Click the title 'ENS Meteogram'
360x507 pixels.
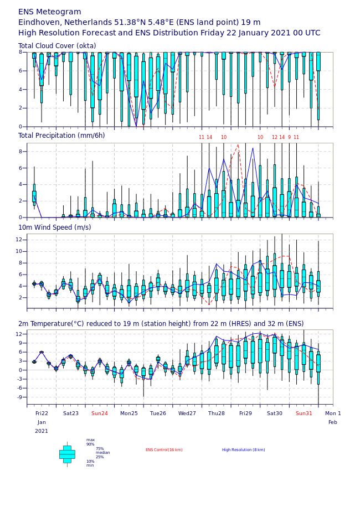click(49, 12)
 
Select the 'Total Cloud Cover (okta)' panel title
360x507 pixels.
click(57, 45)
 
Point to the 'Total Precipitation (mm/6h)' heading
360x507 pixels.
click(61, 136)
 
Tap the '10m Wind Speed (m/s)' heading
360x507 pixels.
click(55, 227)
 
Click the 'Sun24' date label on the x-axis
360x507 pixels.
click(100, 413)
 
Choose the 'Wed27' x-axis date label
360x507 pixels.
click(187, 413)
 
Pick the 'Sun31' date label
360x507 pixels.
click(304, 413)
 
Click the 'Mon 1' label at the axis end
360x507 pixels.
click(333, 413)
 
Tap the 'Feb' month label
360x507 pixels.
click(333, 422)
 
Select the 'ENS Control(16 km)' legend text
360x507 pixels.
click(164, 450)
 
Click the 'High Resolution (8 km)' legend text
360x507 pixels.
click(244, 450)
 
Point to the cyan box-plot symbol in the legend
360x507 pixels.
click(67, 454)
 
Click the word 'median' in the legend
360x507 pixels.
click(103, 453)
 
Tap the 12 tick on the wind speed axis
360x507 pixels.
click(19, 240)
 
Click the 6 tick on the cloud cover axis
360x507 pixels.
click(20, 71)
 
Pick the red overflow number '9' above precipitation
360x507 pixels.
click(290, 137)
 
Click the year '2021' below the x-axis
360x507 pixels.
click(42, 431)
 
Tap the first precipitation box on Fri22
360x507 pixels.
click(34, 196)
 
